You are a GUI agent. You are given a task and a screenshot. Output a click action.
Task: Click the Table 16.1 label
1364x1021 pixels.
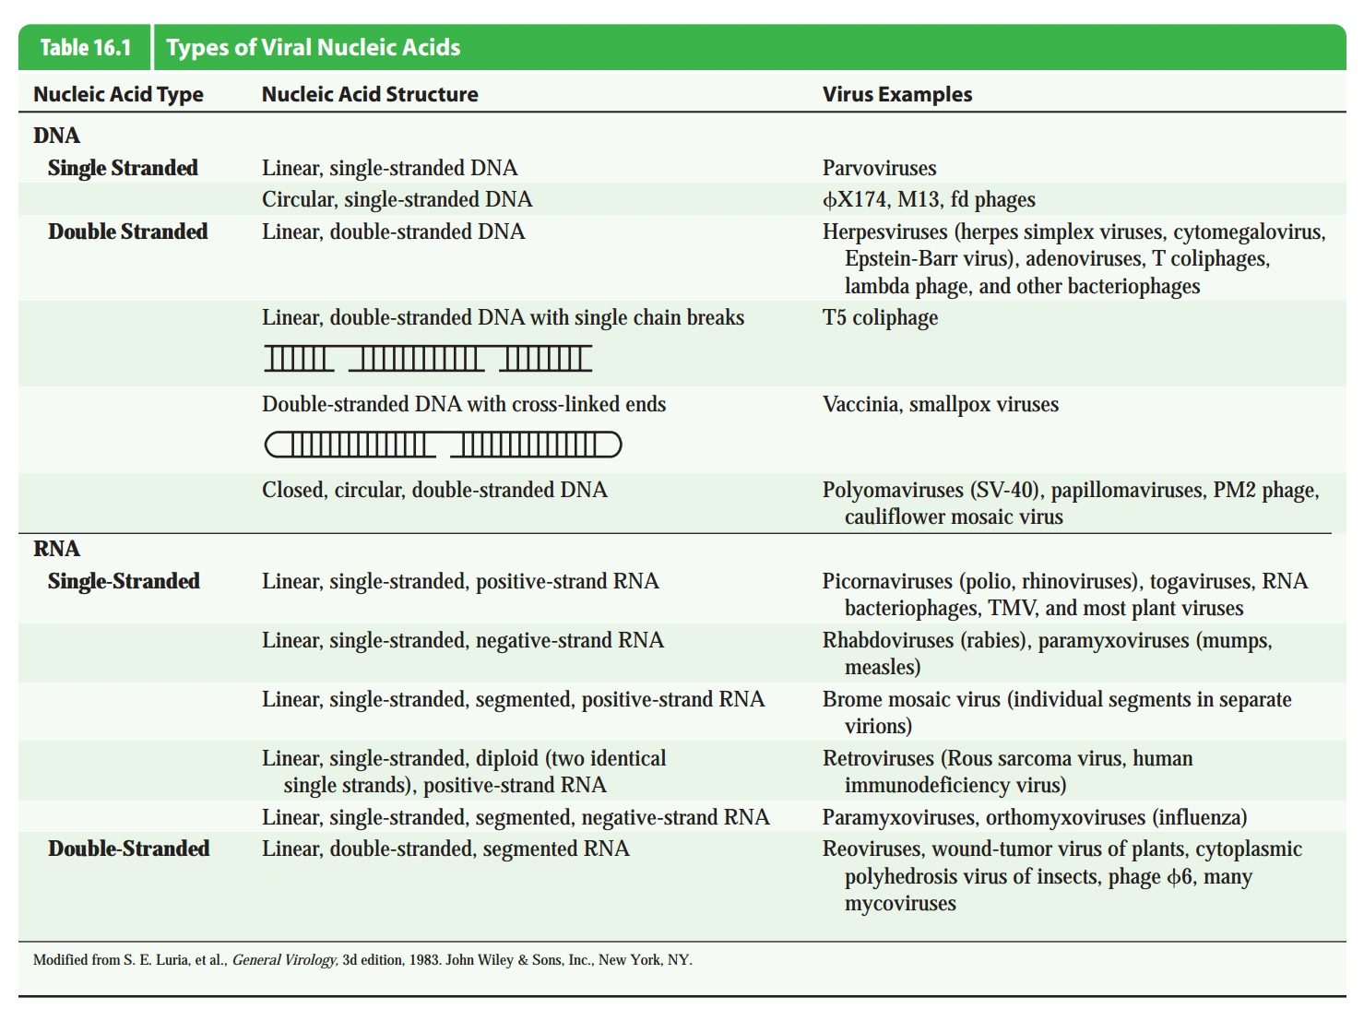[86, 48]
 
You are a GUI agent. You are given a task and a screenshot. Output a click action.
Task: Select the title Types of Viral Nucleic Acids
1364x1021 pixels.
[313, 48]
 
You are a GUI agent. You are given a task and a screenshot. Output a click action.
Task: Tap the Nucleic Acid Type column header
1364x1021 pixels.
[118, 94]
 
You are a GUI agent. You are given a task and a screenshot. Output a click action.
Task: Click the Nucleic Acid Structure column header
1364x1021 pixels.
[370, 94]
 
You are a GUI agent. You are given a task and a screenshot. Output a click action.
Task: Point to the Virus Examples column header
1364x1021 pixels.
[896, 94]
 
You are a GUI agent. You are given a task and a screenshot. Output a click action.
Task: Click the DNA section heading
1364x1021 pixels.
[56, 136]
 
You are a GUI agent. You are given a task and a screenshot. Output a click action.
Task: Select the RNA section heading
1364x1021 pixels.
[56, 549]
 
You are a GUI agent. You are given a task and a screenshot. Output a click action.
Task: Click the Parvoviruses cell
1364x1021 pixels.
[879, 168]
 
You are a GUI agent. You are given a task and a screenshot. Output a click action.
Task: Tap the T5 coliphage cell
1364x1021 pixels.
[880, 317]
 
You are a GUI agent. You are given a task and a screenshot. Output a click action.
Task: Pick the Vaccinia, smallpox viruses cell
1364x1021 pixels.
[940, 404]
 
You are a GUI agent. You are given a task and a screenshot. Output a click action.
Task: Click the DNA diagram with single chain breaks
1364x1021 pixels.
[428, 358]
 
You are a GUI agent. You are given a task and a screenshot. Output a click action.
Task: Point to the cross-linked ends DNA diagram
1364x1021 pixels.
[443, 445]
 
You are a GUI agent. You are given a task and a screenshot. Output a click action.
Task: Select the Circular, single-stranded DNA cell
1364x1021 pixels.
[397, 199]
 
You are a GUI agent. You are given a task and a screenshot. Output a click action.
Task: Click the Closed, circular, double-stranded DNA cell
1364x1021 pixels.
[434, 490]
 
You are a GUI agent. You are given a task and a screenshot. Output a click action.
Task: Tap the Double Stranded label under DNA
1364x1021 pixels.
[127, 232]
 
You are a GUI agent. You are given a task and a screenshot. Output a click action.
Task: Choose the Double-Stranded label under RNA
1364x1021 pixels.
[128, 849]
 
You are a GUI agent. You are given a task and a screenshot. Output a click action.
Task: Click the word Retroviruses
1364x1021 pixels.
[878, 758]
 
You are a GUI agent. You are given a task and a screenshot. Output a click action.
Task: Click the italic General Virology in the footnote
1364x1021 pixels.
[284, 960]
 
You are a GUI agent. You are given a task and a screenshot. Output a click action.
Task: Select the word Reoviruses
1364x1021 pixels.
[872, 849]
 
